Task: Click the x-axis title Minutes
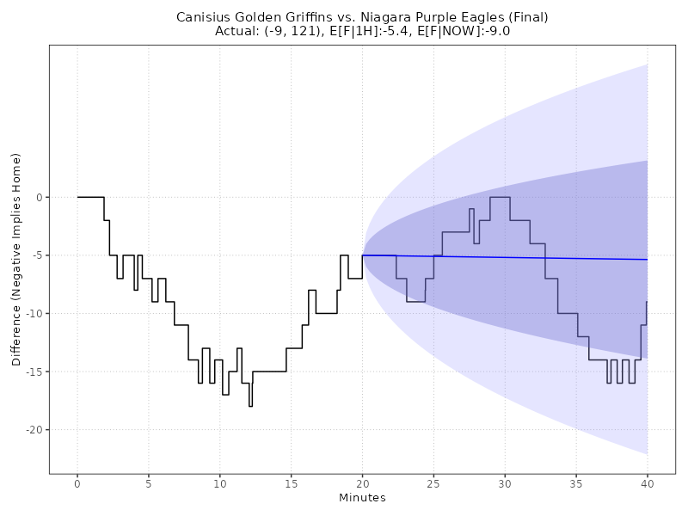(362, 498)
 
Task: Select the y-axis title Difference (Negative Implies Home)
(16, 259)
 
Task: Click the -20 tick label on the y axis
(32, 430)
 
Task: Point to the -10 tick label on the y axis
(32, 314)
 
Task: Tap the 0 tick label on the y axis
(39, 198)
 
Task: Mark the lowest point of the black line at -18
(250, 406)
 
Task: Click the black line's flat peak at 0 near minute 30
(500, 197)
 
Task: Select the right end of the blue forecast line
(647, 260)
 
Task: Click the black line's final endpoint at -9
(647, 302)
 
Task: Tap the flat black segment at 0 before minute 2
(90, 197)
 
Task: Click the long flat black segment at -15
(269, 372)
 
